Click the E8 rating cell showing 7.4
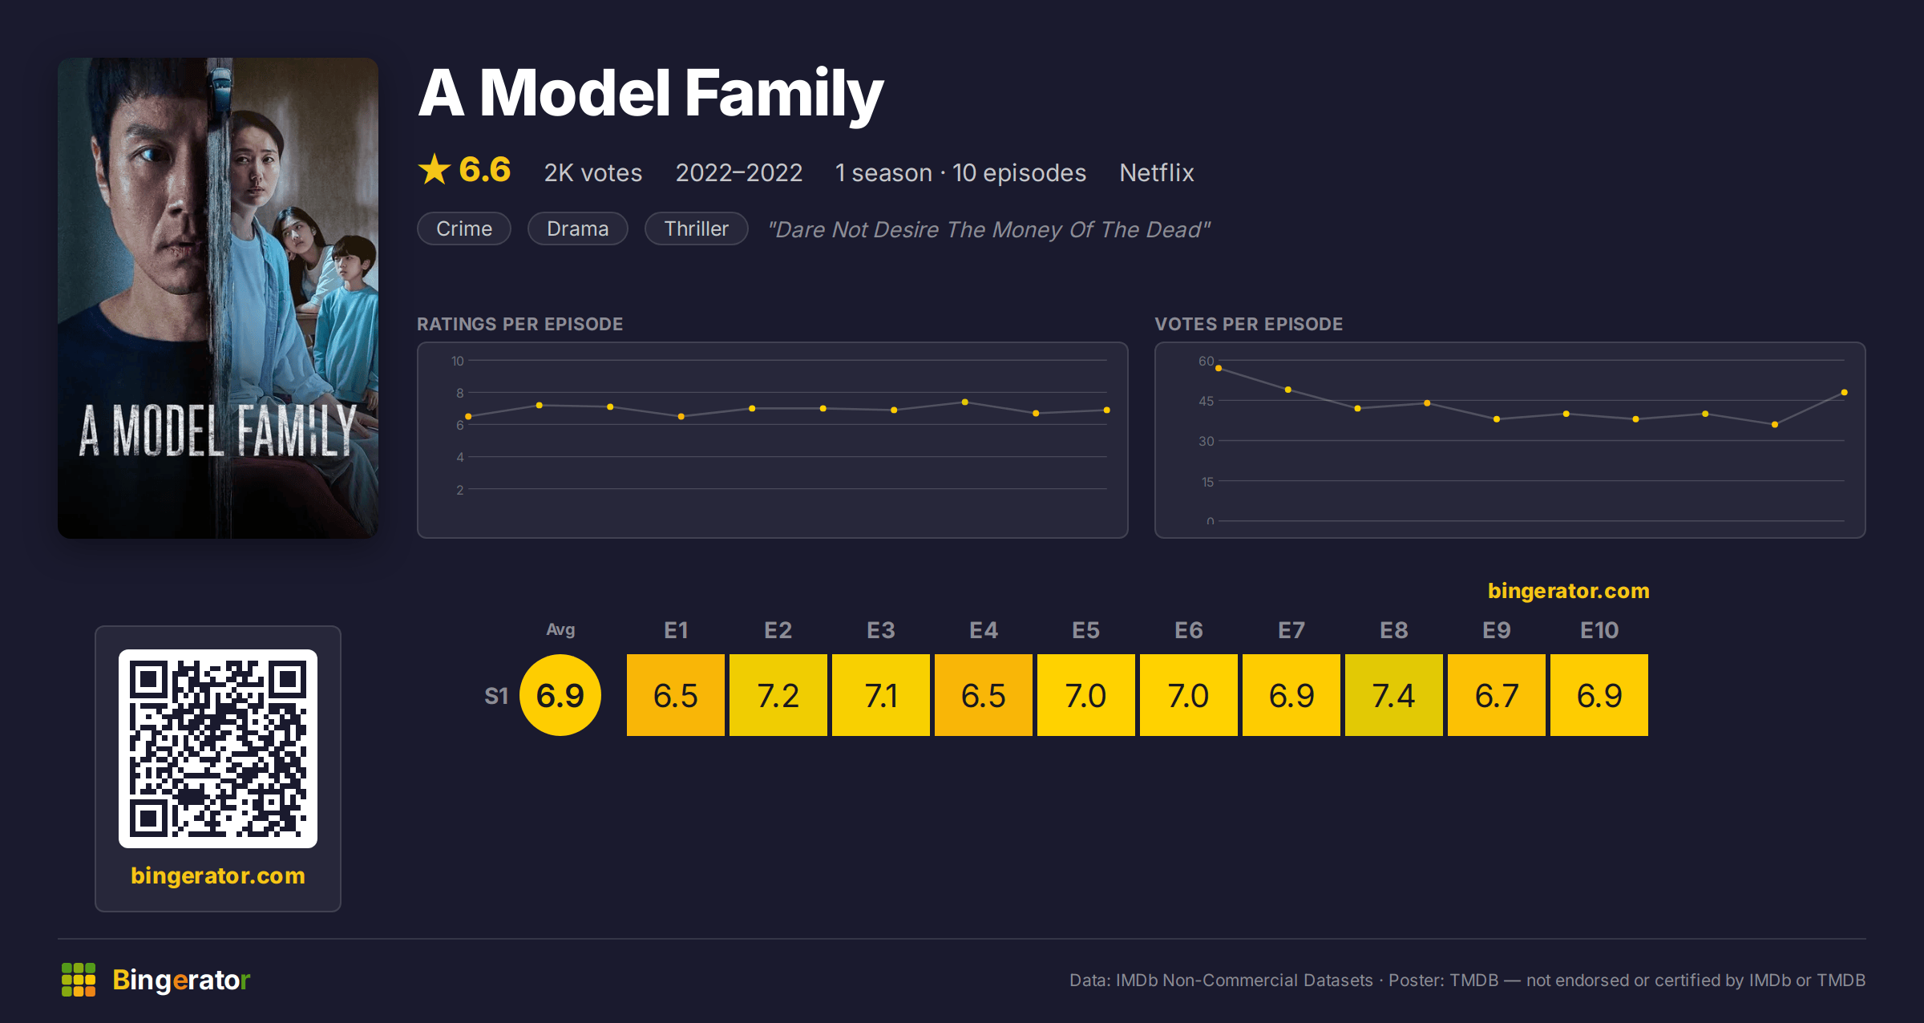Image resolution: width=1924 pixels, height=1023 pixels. [1393, 695]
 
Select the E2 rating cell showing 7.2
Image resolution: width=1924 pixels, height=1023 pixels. [778, 695]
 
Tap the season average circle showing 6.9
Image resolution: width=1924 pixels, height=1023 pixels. [560, 695]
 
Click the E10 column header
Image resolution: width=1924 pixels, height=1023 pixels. [1599, 630]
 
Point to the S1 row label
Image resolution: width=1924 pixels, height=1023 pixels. [496, 696]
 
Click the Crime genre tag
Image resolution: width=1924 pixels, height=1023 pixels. [464, 228]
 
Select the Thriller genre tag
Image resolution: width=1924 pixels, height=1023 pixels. [697, 228]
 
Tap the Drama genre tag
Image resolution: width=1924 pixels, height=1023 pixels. [578, 228]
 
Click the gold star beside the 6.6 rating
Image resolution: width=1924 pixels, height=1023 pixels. [435, 169]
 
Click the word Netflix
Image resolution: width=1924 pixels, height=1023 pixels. [1157, 172]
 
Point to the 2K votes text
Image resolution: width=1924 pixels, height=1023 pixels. [593, 172]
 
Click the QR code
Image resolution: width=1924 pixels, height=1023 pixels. [218, 749]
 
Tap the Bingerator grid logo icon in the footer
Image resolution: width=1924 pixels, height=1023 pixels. [79, 980]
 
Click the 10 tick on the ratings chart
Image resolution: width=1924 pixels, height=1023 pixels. [458, 361]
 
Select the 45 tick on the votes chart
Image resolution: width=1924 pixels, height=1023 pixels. [1207, 401]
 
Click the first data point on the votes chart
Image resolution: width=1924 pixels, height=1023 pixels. [1219, 368]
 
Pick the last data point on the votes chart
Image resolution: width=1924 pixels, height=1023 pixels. [1845, 392]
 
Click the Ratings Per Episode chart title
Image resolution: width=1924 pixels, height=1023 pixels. [520, 324]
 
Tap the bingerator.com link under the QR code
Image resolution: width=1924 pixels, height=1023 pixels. [218, 875]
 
